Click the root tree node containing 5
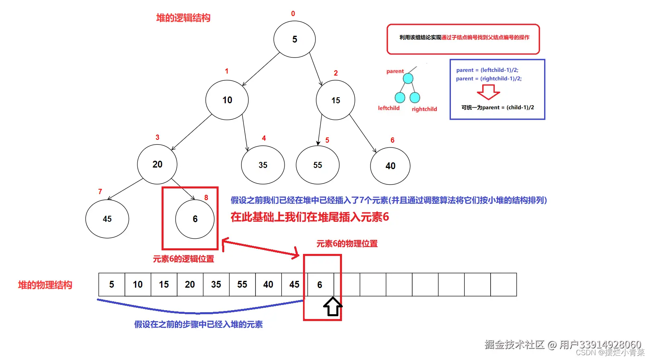point(295,39)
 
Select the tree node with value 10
point(227,100)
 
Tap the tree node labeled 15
point(336,100)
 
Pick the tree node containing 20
point(157,164)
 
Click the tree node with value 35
point(263,165)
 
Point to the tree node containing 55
point(317,165)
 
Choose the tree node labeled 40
point(390,166)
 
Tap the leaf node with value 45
point(107,219)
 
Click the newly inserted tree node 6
point(195,219)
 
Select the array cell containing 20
point(190,284)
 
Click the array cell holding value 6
point(320,284)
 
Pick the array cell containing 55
point(242,284)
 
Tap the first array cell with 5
point(112,284)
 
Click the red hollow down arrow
point(488,92)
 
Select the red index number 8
point(206,198)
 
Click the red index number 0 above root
point(293,14)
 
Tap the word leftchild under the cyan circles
point(389,108)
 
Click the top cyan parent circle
point(408,78)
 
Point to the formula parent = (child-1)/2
point(498,107)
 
